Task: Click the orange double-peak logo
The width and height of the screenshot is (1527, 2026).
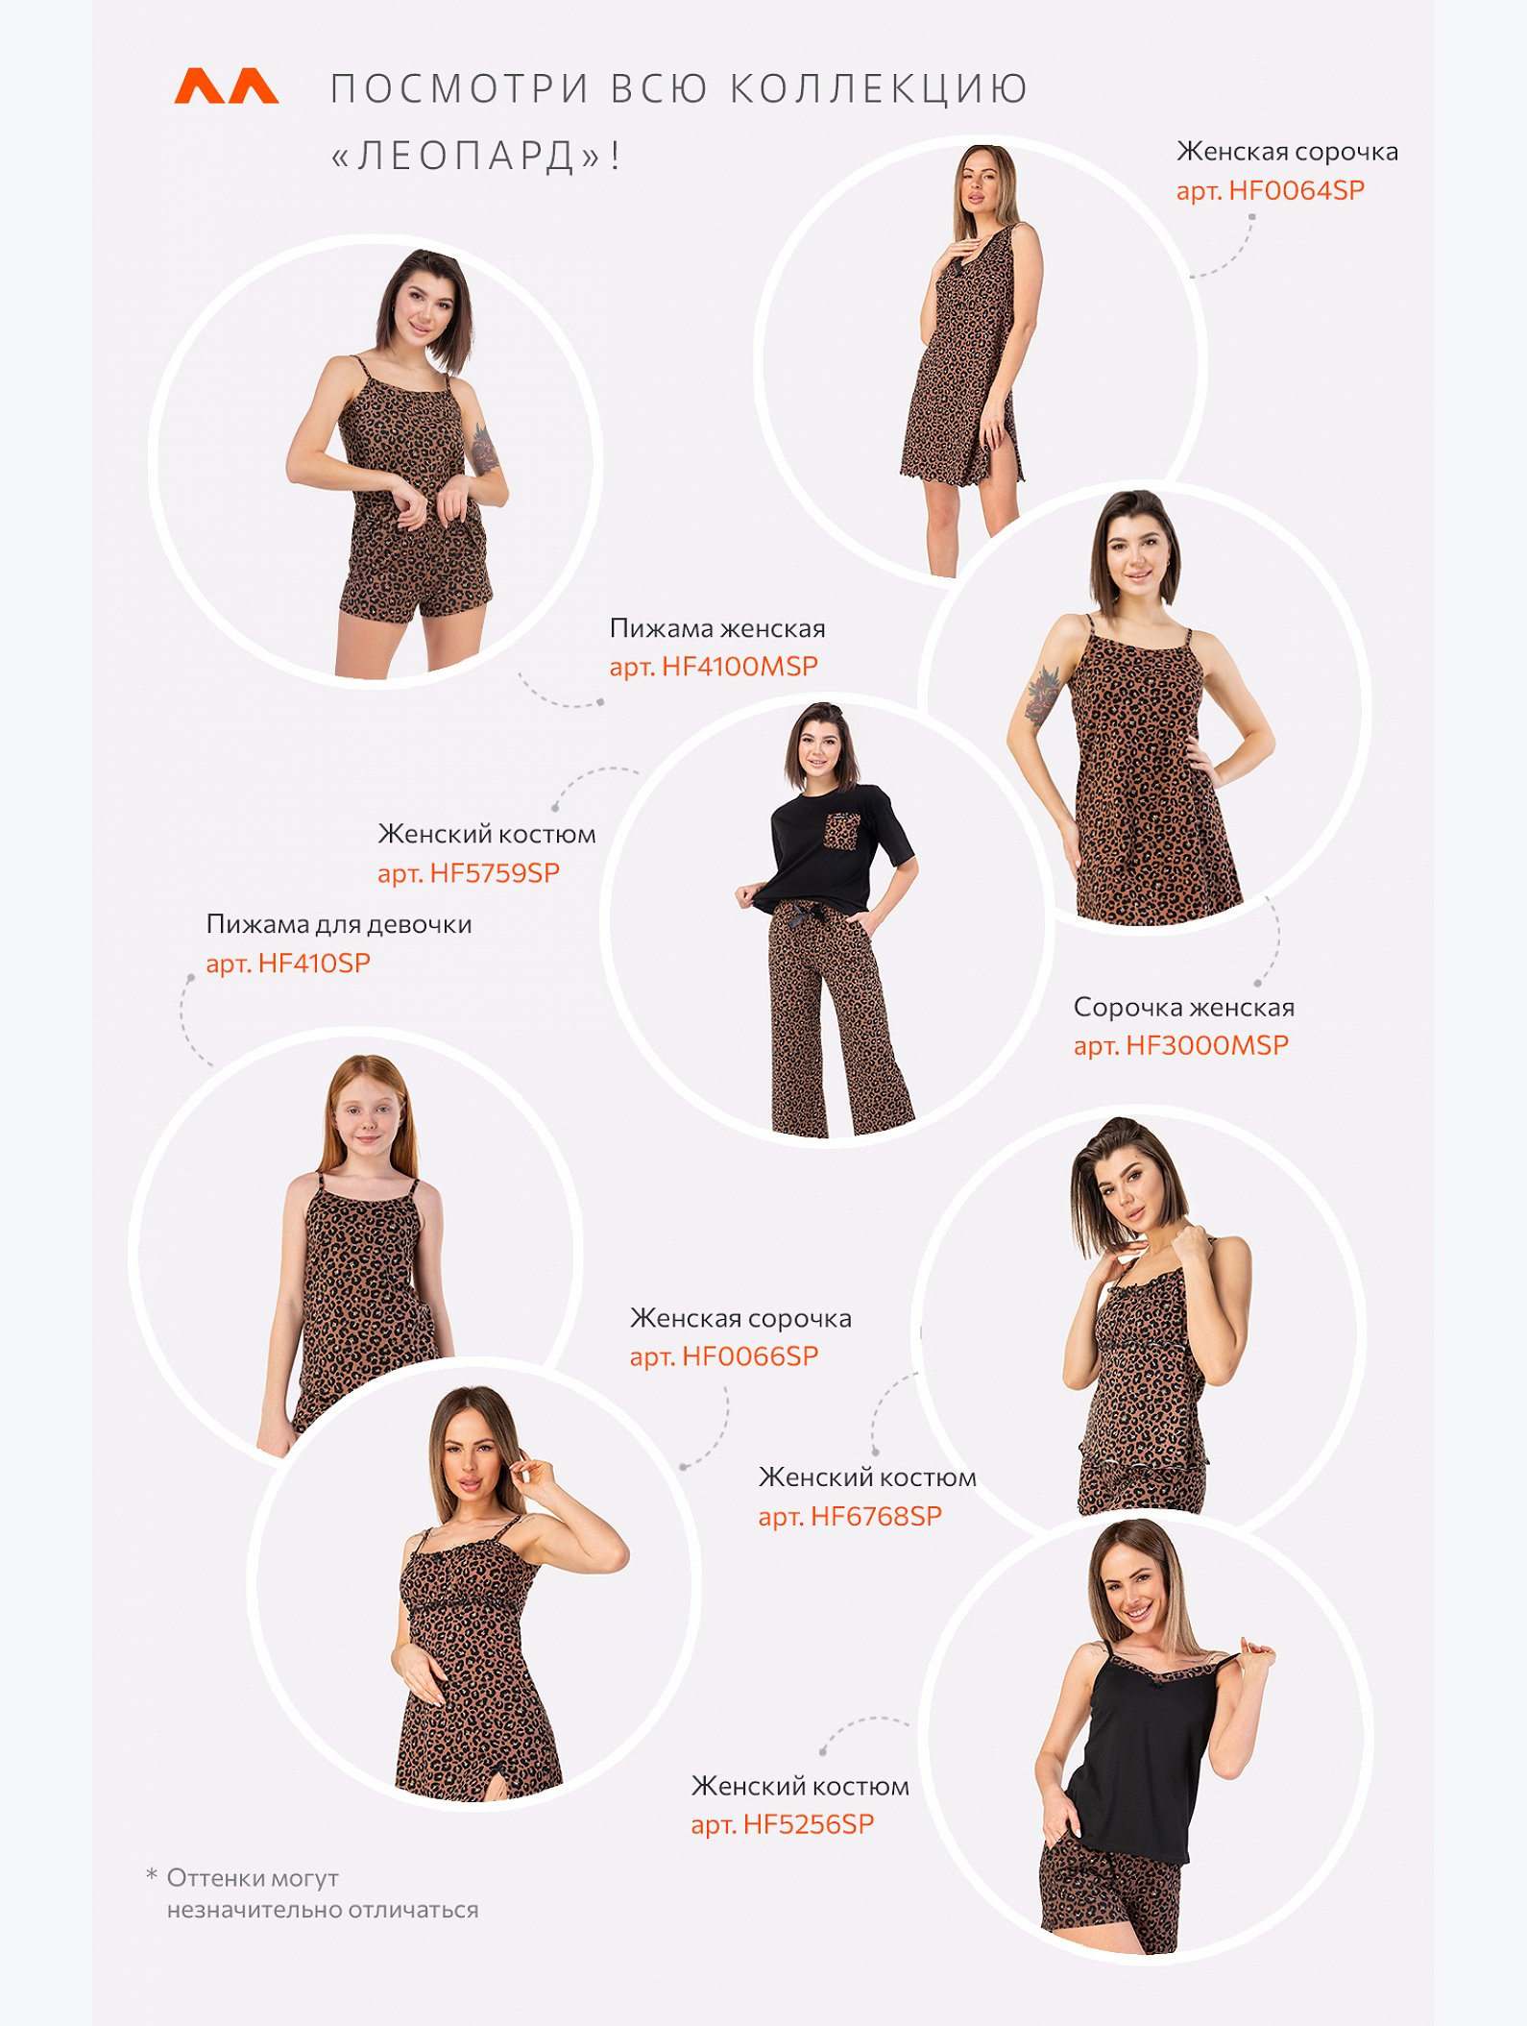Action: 227,85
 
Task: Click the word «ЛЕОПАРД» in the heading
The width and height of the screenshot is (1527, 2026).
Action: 466,156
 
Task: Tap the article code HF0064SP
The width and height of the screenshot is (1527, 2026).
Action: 1297,190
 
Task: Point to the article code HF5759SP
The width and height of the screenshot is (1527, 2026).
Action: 495,873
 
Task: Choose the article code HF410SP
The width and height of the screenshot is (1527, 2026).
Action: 314,964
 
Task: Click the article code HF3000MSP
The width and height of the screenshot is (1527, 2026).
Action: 1207,1045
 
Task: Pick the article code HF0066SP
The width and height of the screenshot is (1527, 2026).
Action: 750,1356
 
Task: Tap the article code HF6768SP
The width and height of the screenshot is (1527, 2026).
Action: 876,1516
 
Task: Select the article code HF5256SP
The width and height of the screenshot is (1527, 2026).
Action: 809,1824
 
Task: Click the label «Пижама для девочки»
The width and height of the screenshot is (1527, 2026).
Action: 339,925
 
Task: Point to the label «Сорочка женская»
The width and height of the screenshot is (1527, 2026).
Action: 1184,1008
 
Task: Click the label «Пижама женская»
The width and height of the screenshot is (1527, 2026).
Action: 717,628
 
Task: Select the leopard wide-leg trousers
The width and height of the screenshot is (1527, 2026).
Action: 837,1018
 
